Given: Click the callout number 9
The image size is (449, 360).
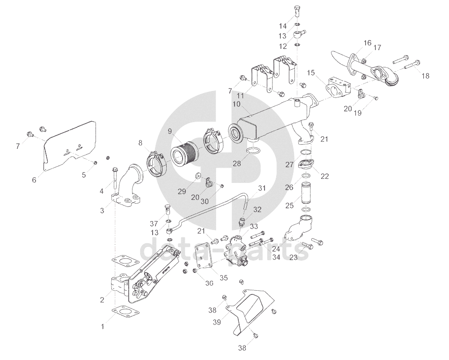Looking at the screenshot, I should point(170,132).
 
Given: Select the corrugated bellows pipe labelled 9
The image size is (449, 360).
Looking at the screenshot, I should point(185,154).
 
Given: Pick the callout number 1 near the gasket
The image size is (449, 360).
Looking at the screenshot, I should point(103,327).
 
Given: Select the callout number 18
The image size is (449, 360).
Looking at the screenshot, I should point(425,75).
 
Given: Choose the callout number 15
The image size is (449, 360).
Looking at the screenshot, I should point(310,73).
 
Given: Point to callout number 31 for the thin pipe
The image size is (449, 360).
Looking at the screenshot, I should point(261,188).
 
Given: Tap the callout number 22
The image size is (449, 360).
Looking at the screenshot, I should point(324,176).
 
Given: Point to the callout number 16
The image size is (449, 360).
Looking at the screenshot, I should point(367,43).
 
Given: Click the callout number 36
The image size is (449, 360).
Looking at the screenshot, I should point(209,283).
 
